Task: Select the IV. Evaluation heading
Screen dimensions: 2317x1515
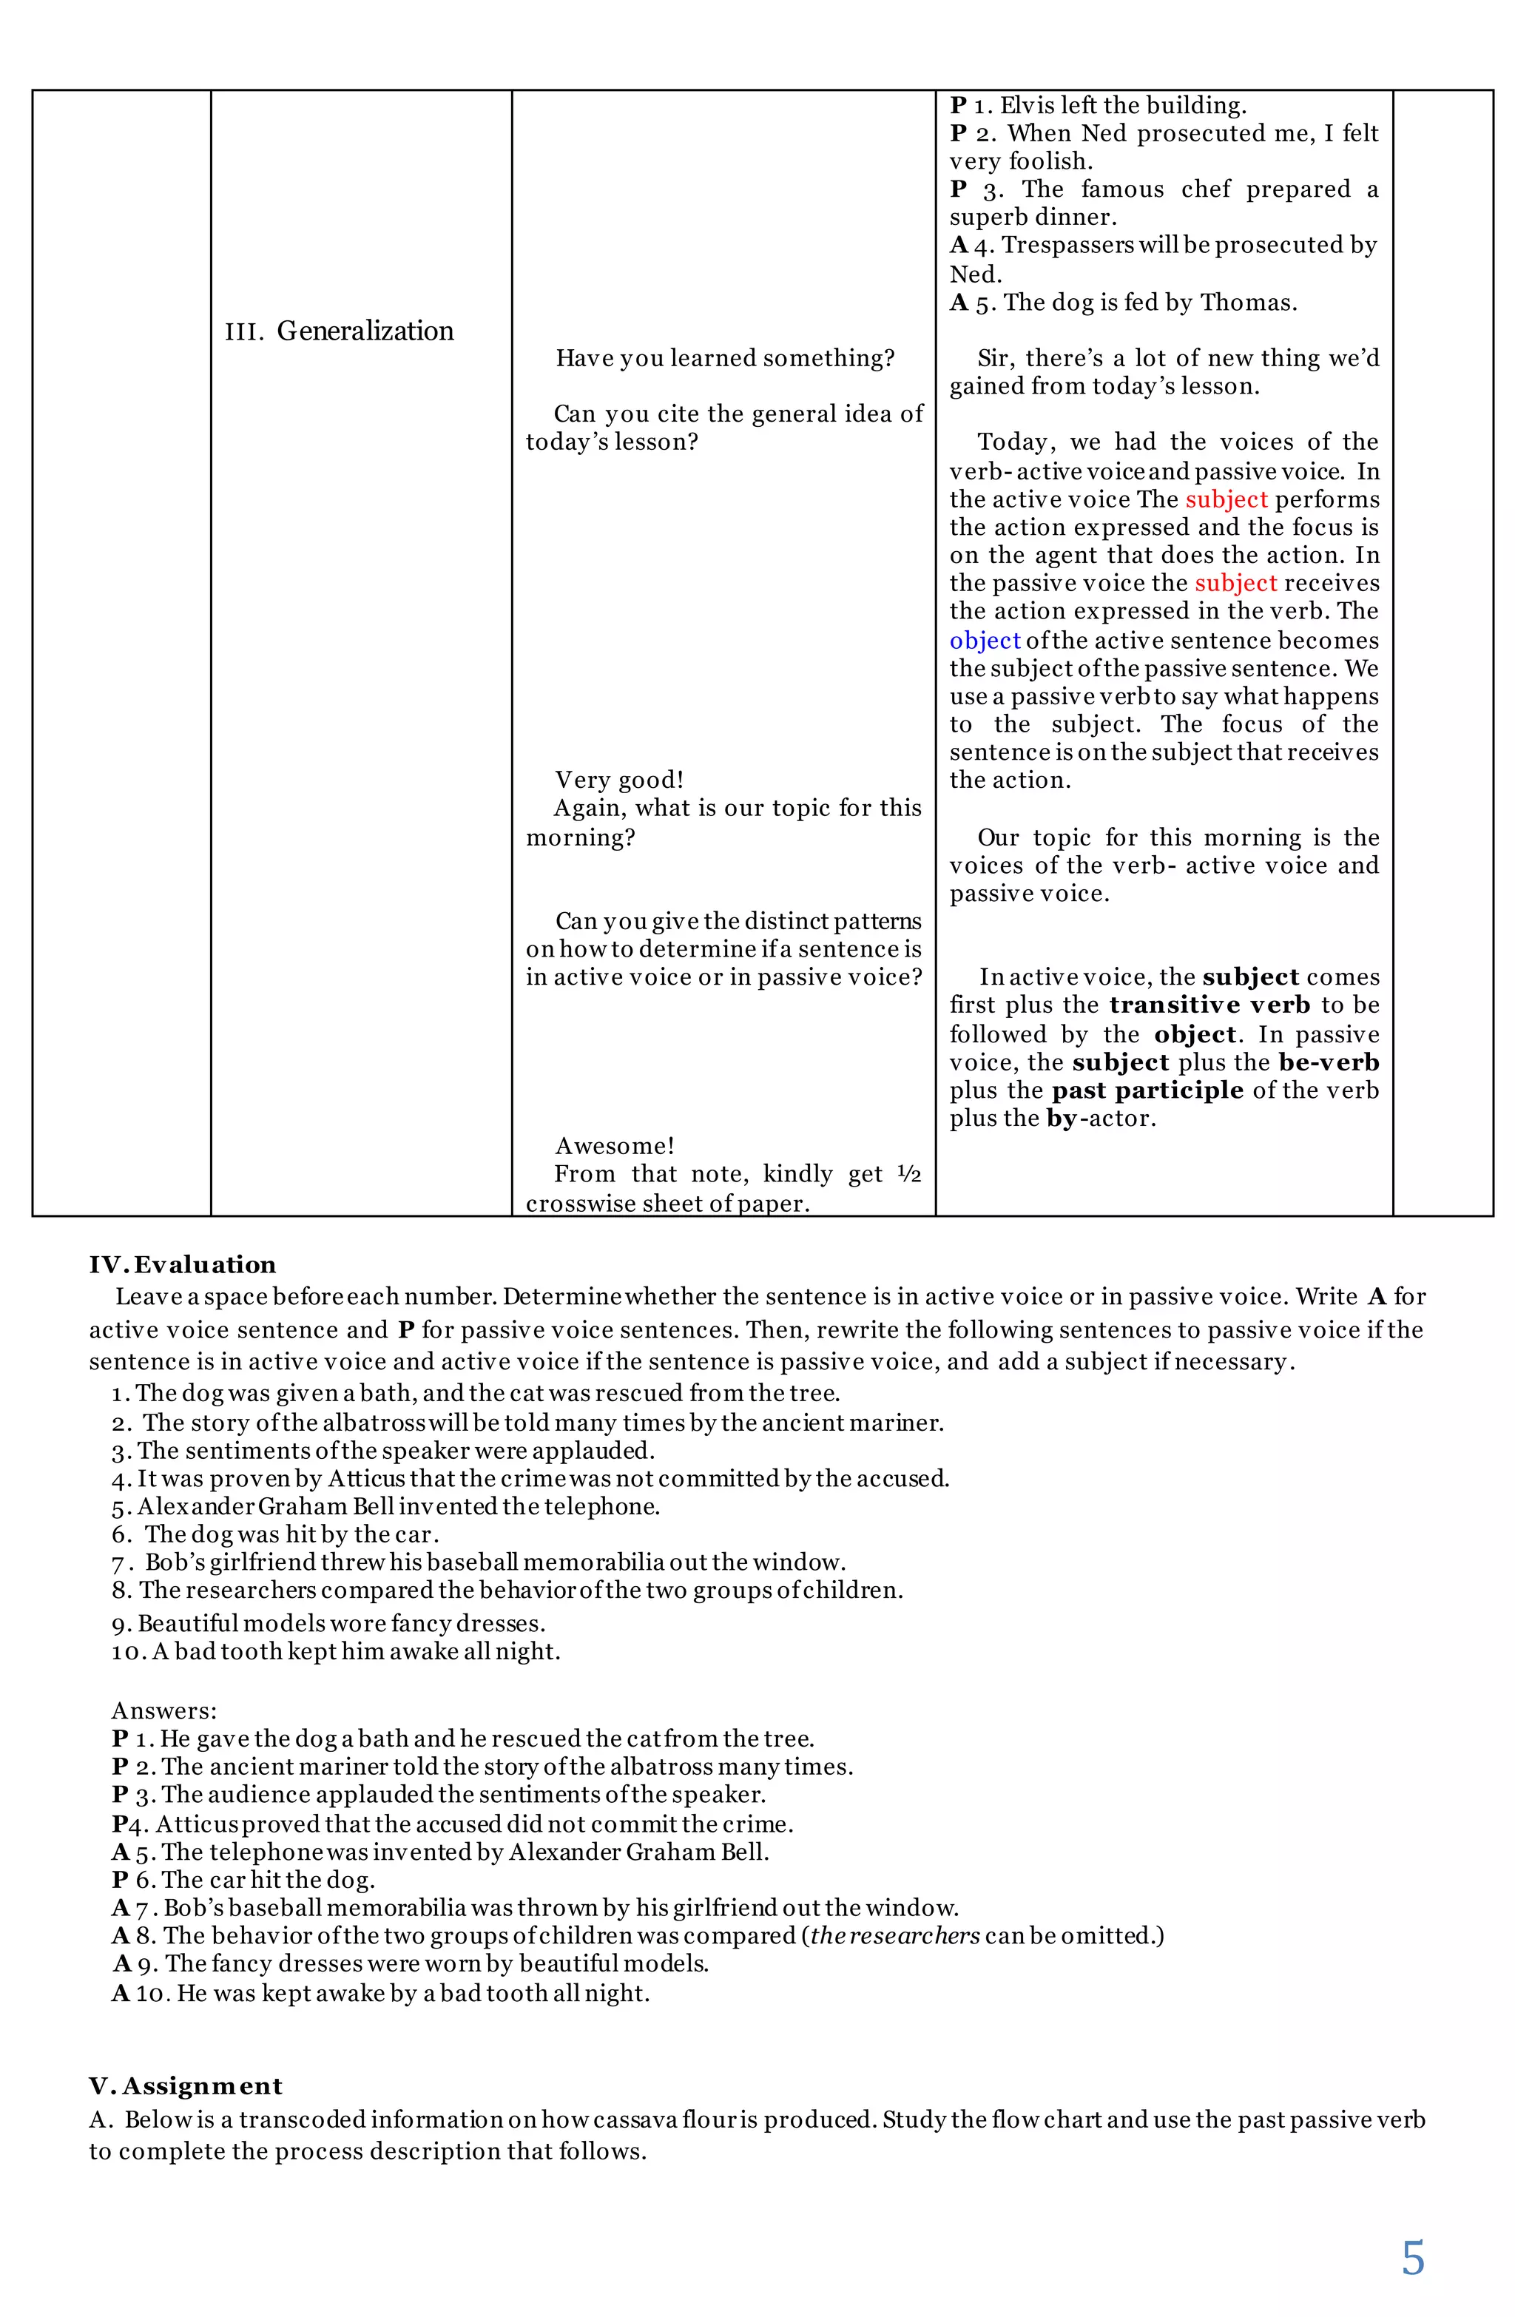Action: (x=183, y=1264)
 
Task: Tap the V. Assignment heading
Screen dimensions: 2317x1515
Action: (x=185, y=2085)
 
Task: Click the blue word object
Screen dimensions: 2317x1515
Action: (x=985, y=641)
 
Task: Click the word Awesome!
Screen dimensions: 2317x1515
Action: (x=615, y=1146)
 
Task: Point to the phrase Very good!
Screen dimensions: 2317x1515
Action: (x=619, y=780)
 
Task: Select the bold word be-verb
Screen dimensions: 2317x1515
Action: (x=1329, y=1062)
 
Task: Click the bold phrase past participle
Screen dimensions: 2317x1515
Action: (x=1147, y=1090)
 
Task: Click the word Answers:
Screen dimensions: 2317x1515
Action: (x=164, y=1710)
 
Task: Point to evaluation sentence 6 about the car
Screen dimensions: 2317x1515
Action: (x=289, y=1534)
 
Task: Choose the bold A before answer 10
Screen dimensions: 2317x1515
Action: (x=121, y=1993)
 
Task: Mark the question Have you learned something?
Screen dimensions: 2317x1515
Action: (x=724, y=358)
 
